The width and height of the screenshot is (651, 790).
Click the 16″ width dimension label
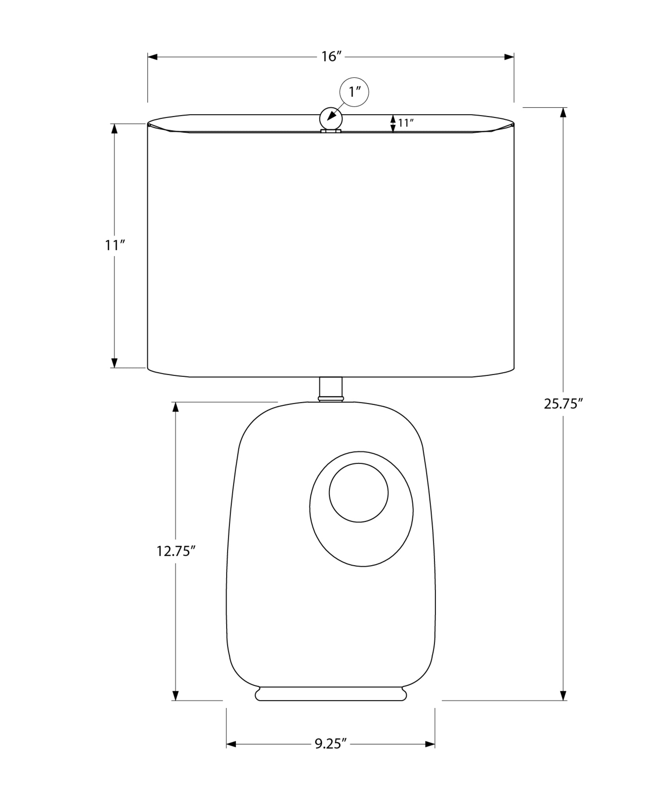coord(331,57)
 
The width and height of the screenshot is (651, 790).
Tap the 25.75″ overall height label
coord(563,404)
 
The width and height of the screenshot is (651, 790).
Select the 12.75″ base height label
coord(176,551)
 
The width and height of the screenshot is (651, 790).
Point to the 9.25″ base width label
coord(331,744)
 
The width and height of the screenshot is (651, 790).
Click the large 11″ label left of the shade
coord(115,246)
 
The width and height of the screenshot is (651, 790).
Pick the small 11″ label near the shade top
coord(406,123)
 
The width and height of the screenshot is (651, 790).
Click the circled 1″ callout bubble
coord(354,92)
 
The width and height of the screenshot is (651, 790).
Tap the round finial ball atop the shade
coord(331,118)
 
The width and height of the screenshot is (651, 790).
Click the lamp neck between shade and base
coord(331,389)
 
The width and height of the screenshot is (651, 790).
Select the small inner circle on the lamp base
coord(359,493)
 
